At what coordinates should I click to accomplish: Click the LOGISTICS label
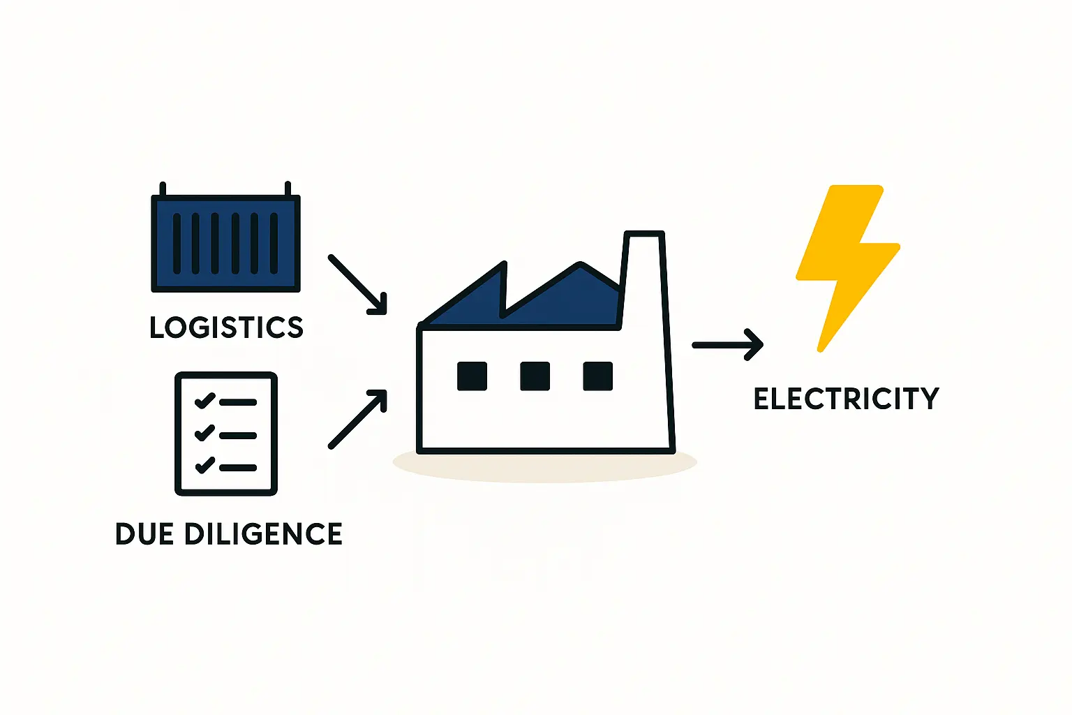226,327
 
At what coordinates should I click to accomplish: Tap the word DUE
144,534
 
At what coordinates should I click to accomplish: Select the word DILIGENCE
263,534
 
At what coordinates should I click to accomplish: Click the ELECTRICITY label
846,399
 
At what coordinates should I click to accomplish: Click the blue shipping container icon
225,243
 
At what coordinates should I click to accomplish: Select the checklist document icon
226,434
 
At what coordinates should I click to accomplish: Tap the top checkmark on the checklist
204,401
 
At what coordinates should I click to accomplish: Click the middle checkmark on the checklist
204,433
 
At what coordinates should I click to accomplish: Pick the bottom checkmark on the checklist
204,464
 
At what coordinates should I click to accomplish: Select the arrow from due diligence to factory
357,419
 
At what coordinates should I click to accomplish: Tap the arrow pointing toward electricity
727,345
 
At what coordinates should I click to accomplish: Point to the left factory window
472,376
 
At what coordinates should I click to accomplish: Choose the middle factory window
535,376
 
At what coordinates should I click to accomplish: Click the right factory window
597,376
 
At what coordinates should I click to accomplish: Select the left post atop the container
163,189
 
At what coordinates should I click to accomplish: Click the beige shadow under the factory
544,469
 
